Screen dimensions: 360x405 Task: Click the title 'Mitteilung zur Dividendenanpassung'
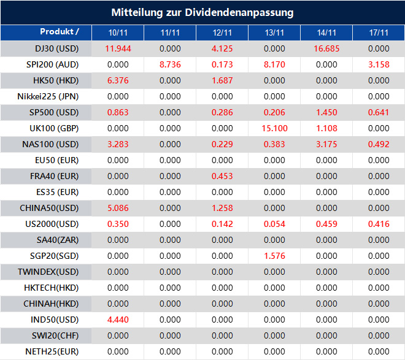pyautogui.click(x=202, y=12)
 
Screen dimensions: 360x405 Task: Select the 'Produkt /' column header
pyautogui.click(x=60, y=32)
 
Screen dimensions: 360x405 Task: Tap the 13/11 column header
pyautogui.click(x=274, y=33)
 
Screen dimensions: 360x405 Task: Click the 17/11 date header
pyautogui.click(x=379, y=33)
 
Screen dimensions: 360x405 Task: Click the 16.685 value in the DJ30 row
pyautogui.click(x=326, y=48)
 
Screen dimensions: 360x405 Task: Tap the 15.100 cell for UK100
pyautogui.click(x=274, y=128)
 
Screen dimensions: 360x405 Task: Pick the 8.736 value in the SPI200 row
pyautogui.click(x=170, y=64)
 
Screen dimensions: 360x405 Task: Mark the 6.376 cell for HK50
pyautogui.click(x=118, y=80)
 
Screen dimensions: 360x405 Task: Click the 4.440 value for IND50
pyautogui.click(x=118, y=320)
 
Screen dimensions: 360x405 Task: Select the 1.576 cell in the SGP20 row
pyautogui.click(x=274, y=256)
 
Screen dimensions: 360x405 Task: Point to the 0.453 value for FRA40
pyautogui.click(x=222, y=176)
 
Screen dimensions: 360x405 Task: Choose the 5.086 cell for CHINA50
pyautogui.click(x=118, y=208)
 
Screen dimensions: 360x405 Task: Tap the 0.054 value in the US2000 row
pyautogui.click(x=274, y=224)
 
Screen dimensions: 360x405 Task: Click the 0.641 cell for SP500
pyautogui.click(x=379, y=112)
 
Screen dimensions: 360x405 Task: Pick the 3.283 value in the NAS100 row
pyautogui.click(x=118, y=144)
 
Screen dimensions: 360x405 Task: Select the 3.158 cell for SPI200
pyautogui.click(x=379, y=64)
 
